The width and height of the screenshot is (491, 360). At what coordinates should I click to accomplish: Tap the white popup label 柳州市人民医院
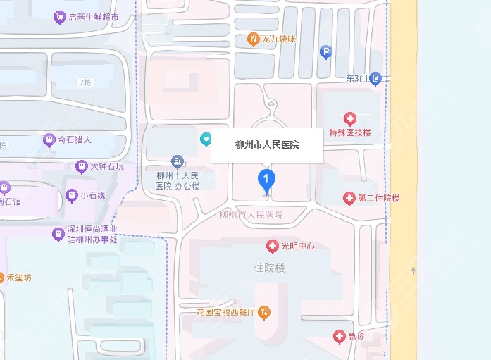(x=266, y=145)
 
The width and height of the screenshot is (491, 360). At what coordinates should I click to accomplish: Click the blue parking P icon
(x=325, y=51)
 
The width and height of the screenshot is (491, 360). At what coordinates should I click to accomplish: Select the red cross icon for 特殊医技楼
(x=349, y=118)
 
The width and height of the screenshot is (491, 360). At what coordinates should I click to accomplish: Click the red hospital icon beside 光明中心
(x=272, y=246)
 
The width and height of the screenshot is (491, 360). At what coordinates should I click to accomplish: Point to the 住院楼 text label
(x=268, y=268)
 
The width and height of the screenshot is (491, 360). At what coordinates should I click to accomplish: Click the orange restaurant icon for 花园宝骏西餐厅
(x=263, y=311)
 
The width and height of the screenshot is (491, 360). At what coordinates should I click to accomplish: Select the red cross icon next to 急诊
(x=339, y=336)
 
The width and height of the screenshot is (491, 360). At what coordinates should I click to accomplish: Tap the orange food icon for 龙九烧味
(x=253, y=39)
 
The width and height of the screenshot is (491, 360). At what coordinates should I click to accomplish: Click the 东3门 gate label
(x=358, y=78)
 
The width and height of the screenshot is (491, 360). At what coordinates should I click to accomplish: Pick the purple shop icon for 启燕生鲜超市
(x=60, y=17)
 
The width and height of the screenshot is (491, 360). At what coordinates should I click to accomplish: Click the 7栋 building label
(x=86, y=82)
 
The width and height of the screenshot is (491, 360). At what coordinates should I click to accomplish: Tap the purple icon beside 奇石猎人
(x=48, y=139)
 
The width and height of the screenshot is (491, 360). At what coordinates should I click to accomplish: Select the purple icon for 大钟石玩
(x=82, y=167)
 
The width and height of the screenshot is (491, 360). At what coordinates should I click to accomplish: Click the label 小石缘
(x=93, y=195)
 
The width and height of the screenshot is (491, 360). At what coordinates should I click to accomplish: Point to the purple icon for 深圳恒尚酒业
(x=58, y=235)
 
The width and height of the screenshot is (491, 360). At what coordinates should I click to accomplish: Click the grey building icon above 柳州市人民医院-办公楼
(x=178, y=162)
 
